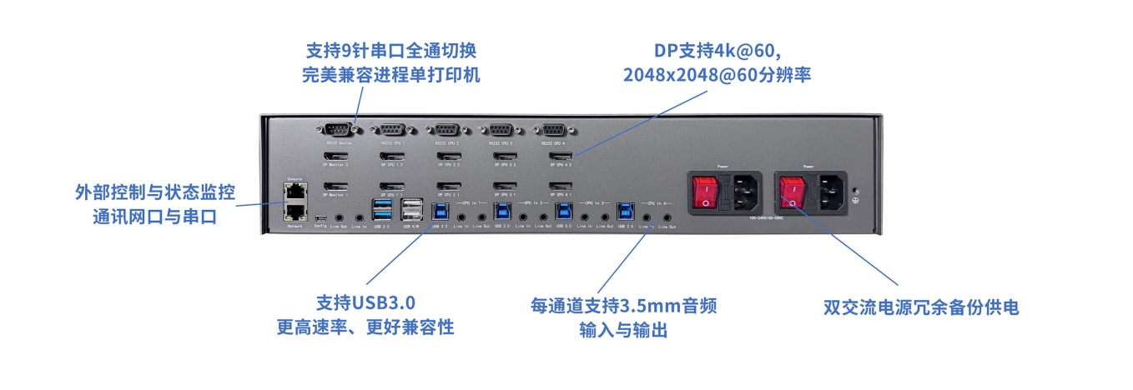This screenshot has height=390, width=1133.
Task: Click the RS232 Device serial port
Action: click(335, 129)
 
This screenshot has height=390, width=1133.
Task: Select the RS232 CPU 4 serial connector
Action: click(553, 129)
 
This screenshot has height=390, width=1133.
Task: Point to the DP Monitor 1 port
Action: click(335, 185)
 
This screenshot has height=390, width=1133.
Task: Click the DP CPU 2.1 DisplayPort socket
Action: click(446, 185)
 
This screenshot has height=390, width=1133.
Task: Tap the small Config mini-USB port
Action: click(320, 220)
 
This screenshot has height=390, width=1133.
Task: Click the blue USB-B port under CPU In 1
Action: click(439, 212)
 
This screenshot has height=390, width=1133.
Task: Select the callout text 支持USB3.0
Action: click(365, 302)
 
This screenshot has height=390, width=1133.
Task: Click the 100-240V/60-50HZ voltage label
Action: click(766, 219)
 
